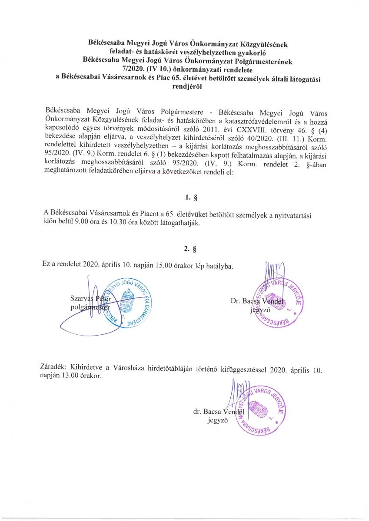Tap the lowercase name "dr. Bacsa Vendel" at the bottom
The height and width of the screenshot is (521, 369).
click(x=219, y=411)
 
